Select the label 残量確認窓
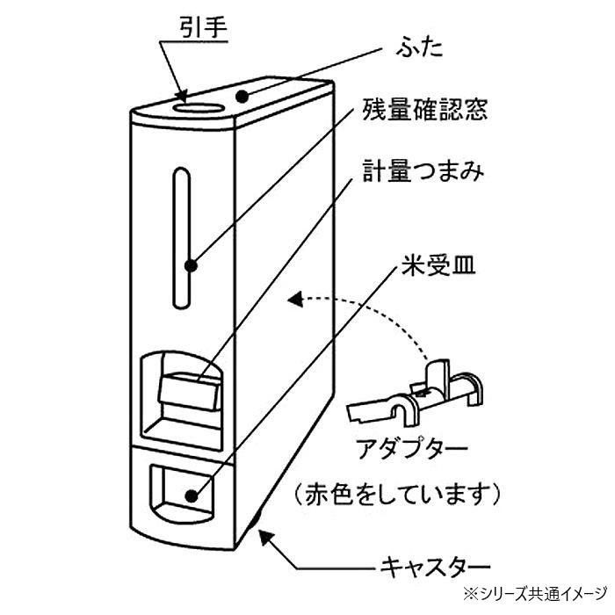(x=418, y=112)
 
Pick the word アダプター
(x=409, y=448)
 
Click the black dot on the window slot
(x=189, y=262)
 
